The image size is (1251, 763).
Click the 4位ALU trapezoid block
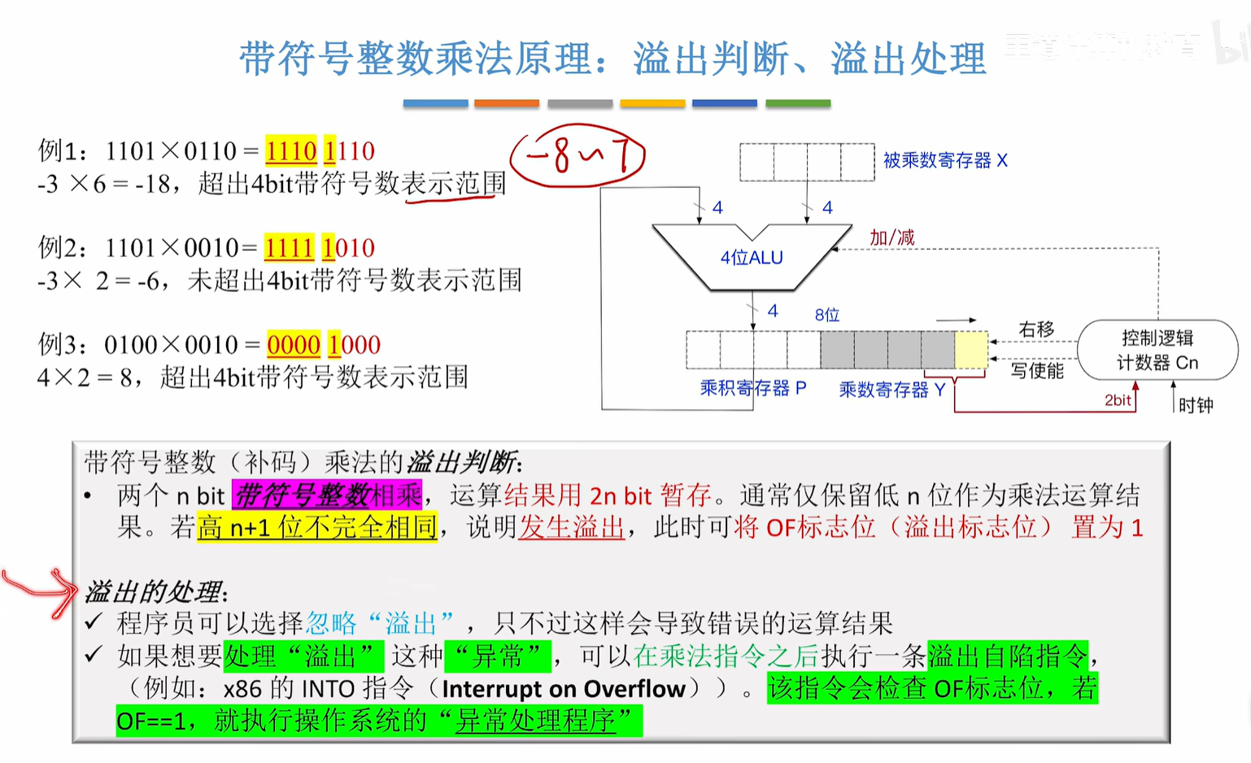(x=752, y=257)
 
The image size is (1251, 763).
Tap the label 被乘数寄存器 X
(x=945, y=160)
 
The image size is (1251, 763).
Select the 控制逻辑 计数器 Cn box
(x=1157, y=350)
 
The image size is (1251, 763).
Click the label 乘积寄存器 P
(x=752, y=388)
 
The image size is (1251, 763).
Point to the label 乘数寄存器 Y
(x=891, y=390)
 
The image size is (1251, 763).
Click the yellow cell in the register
(x=971, y=350)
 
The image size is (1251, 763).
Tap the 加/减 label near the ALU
(x=891, y=237)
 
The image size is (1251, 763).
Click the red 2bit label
(x=1118, y=399)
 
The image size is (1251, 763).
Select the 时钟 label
(x=1195, y=404)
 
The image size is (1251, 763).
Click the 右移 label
(x=1036, y=329)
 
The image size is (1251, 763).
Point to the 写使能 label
(x=1037, y=371)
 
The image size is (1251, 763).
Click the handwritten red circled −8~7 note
(x=577, y=155)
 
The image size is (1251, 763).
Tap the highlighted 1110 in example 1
(x=290, y=151)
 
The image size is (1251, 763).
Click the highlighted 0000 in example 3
(x=293, y=345)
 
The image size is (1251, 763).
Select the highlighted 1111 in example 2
(x=289, y=248)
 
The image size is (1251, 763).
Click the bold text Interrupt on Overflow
(x=564, y=689)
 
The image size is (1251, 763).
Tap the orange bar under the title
(x=506, y=103)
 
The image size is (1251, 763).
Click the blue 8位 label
(x=826, y=315)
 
